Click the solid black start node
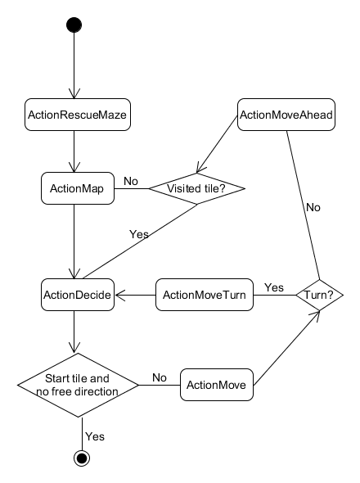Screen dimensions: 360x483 click(x=74, y=25)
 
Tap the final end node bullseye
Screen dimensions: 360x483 click(x=82, y=458)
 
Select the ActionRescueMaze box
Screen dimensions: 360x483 click(x=78, y=115)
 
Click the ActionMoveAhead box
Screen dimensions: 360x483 click(x=286, y=115)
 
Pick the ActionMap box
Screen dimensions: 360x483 click(x=78, y=188)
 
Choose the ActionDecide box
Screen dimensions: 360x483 click(x=78, y=295)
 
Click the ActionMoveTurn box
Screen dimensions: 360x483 click(x=205, y=295)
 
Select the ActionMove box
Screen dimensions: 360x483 click(x=217, y=385)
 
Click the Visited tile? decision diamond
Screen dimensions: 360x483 click(x=197, y=188)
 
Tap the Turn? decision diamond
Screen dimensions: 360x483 click(x=319, y=295)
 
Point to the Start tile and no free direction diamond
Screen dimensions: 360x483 click(x=78, y=385)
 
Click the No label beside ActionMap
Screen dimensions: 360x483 click(x=131, y=181)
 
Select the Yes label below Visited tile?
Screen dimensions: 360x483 click(x=139, y=234)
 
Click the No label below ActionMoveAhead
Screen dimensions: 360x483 click(x=313, y=208)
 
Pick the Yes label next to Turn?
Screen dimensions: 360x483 click(x=274, y=287)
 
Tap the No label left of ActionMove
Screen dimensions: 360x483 click(x=160, y=377)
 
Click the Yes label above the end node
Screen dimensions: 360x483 click(x=95, y=436)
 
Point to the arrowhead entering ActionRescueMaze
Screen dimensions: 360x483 click(x=74, y=94)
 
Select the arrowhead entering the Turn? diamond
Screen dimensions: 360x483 click(x=315, y=314)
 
